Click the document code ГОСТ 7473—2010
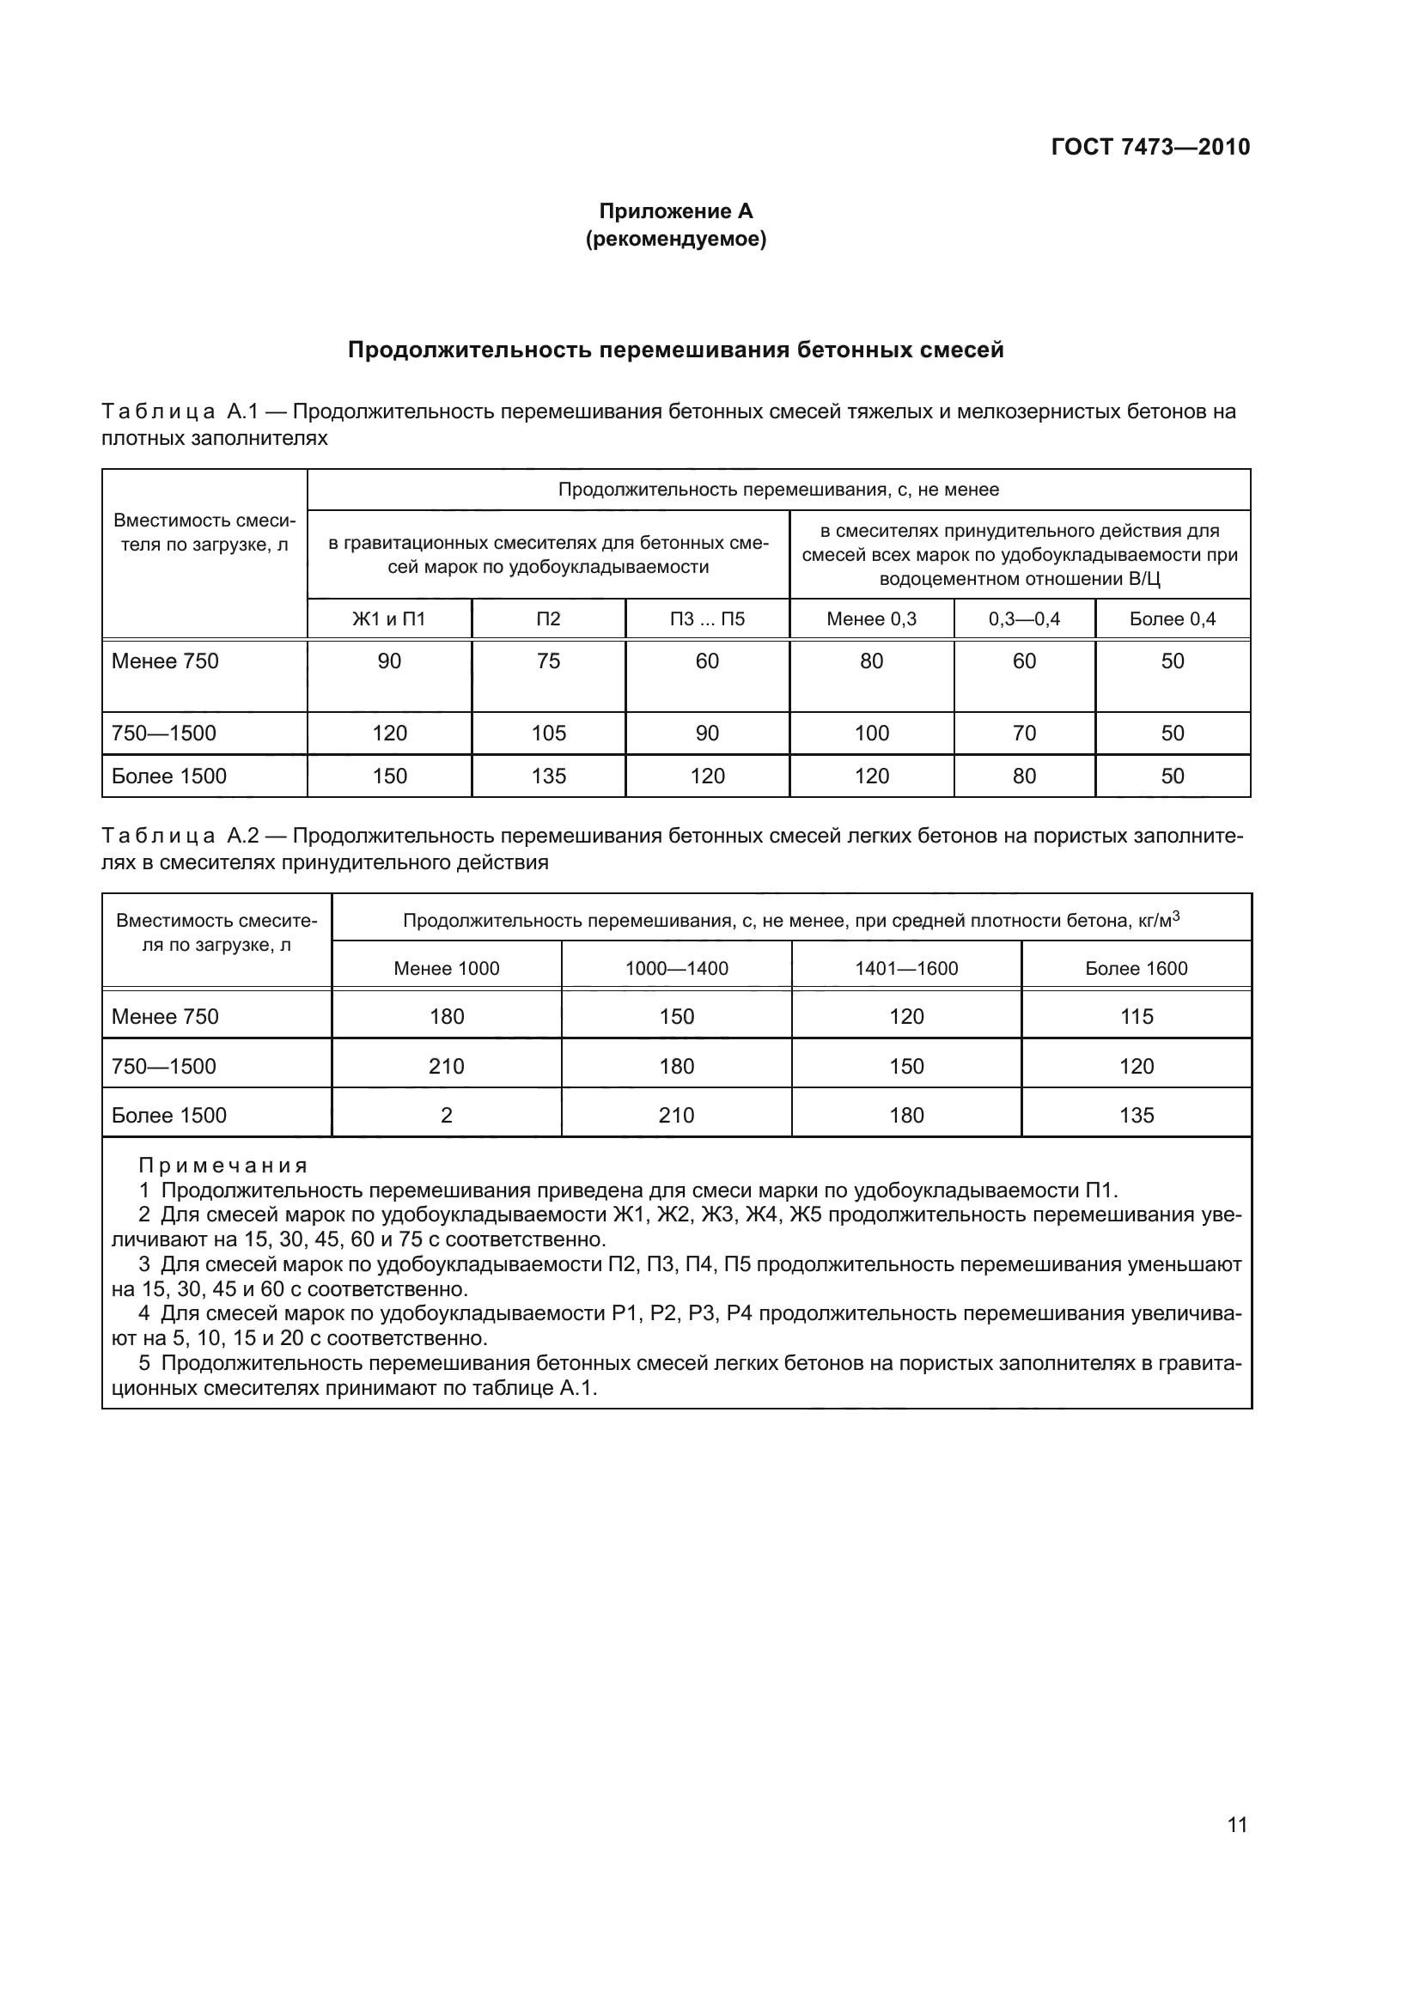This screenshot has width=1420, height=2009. pyautogui.click(x=1149, y=147)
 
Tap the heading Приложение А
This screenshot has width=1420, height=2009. pyautogui.click(x=675, y=211)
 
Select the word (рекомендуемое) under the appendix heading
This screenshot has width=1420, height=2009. pyautogui.click(x=675, y=239)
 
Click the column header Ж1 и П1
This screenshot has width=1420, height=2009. pyautogui.click(x=388, y=619)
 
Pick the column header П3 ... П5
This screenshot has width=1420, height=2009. pyautogui.click(x=707, y=619)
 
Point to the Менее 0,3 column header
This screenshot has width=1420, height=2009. pyautogui.click(x=871, y=619)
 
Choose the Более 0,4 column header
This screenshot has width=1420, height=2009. pyautogui.click(x=1173, y=619)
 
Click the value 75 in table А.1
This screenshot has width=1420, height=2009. pyautogui.click(x=549, y=661)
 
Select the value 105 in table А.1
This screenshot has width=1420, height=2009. pyautogui.click(x=549, y=734)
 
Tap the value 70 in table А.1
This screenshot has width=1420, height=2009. pyautogui.click(x=1024, y=734)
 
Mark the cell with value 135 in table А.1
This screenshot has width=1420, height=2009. pyautogui.click(x=549, y=776)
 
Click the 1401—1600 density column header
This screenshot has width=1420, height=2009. pyautogui.click(x=906, y=969)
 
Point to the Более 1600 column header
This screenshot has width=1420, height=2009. pyautogui.click(x=1137, y=969)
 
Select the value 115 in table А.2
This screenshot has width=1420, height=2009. pyautogui.click(x=1137, y=1017)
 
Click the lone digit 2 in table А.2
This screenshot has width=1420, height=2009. pyautogui.click(x=446, y=1116)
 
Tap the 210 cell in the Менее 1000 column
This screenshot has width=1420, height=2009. pyautogui.click(x=446, y=1067)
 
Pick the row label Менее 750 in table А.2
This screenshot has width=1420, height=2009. pyautogui.click(x=165, y=1017)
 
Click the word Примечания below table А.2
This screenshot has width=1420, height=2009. pyautogui.click(x=223, y=1166)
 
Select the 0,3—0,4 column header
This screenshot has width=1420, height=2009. pyautogui.click(x=1024, y=619)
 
